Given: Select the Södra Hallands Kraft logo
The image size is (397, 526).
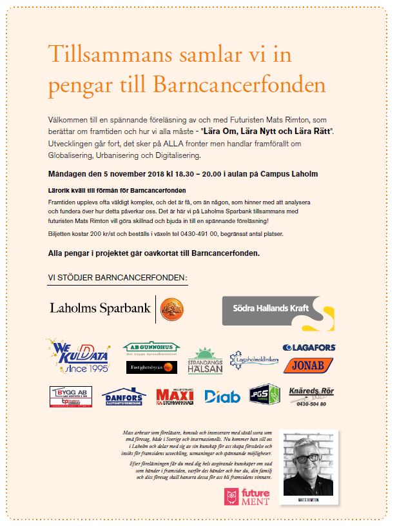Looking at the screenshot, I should [278, 312].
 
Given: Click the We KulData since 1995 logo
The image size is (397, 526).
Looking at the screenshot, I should [77, 355].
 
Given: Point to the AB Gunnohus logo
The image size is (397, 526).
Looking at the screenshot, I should [150, 348].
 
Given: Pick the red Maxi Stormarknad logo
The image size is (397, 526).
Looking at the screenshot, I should [175, 396].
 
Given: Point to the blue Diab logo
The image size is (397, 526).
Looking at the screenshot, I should [222, 396].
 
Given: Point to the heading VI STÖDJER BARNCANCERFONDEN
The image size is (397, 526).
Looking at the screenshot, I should [117, 277].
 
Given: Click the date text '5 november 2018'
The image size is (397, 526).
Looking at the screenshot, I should [120, 174].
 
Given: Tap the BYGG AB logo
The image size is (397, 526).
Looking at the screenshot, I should [71, 396].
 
